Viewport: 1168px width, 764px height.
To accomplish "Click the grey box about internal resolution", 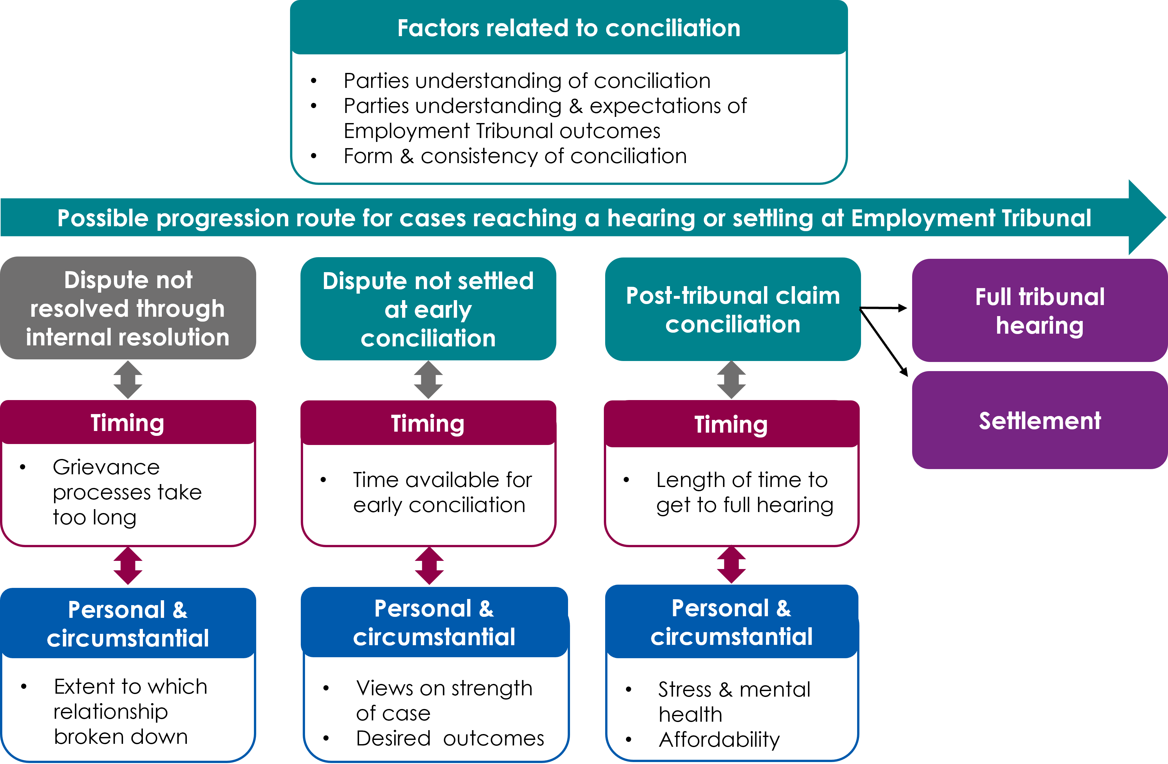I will pyautogui.click(x=128, y=308).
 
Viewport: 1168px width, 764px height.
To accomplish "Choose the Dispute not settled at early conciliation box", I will pyautogui.click(x=428, y=309).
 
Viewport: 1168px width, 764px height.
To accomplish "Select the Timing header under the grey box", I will pyautogui.click(x=128, y=423).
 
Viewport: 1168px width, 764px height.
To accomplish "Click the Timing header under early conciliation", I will pyautogui.click(x=428, y=424).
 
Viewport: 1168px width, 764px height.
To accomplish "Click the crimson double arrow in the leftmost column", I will pyautogui.click(x=128, y=566).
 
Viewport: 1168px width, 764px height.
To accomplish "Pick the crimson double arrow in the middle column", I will pyautogui.click(x=429, y=566).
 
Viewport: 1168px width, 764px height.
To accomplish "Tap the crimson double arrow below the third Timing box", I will pyautogui.click(x=731, y=564).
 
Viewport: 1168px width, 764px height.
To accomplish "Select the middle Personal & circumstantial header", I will pyautogui.click(x=434, y=622).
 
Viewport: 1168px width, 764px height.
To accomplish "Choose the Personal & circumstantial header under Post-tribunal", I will pyautogui.click(x=731, y=622).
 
